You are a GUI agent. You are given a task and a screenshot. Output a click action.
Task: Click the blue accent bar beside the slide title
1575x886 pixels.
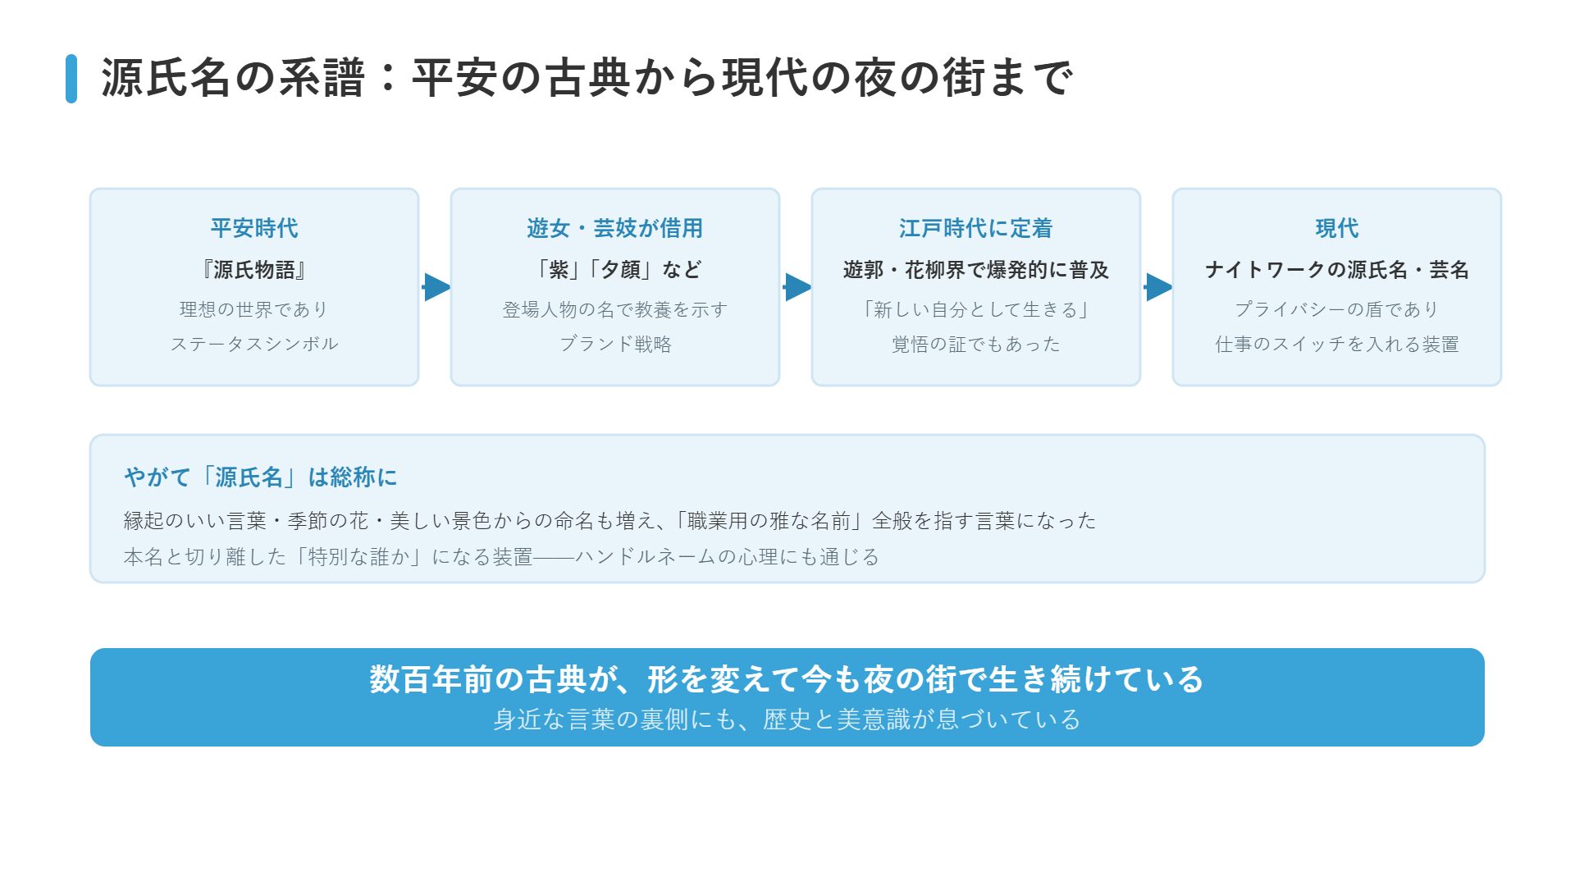click(71, 79)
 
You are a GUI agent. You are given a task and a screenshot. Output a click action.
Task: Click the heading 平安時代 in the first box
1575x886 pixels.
click(254, 228)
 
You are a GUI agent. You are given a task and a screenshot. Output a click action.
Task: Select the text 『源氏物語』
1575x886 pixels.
click(254, 270)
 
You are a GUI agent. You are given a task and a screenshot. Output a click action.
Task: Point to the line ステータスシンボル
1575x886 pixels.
click(254, 344)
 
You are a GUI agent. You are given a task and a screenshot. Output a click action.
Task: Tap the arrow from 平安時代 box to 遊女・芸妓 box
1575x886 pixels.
click(436, 287)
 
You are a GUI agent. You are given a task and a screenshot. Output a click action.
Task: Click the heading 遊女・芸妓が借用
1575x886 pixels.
click(615, 228)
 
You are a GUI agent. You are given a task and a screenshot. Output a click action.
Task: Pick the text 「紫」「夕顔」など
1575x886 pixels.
click(615, 270)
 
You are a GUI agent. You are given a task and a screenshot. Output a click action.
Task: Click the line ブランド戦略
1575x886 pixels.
click(615, 344)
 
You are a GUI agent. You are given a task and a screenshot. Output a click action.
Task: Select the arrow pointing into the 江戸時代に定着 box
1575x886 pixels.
click(797, 287)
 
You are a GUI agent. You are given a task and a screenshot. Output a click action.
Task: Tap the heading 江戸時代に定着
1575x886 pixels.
click(976, 228)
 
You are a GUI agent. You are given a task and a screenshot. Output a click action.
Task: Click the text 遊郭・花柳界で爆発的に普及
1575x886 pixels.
click(976, 270)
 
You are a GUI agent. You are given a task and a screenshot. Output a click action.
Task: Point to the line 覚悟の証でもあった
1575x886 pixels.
click(976, 344)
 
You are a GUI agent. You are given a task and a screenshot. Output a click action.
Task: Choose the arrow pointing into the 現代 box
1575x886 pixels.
click(1158, 287)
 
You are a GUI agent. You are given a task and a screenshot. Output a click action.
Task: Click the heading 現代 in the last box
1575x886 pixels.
click(1337, 228)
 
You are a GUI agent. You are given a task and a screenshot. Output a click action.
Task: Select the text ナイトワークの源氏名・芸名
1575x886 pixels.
click(1337, 270)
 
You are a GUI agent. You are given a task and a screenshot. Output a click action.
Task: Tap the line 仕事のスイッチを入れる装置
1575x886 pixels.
click(1337, 344)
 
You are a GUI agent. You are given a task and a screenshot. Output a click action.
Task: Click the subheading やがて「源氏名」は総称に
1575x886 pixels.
click(261, 477)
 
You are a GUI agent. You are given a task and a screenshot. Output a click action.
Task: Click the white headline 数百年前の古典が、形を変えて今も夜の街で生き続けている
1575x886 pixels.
click(787, 679)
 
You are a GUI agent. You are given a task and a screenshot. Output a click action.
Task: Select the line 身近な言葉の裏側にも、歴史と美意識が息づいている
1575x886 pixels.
click(787, 719)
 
